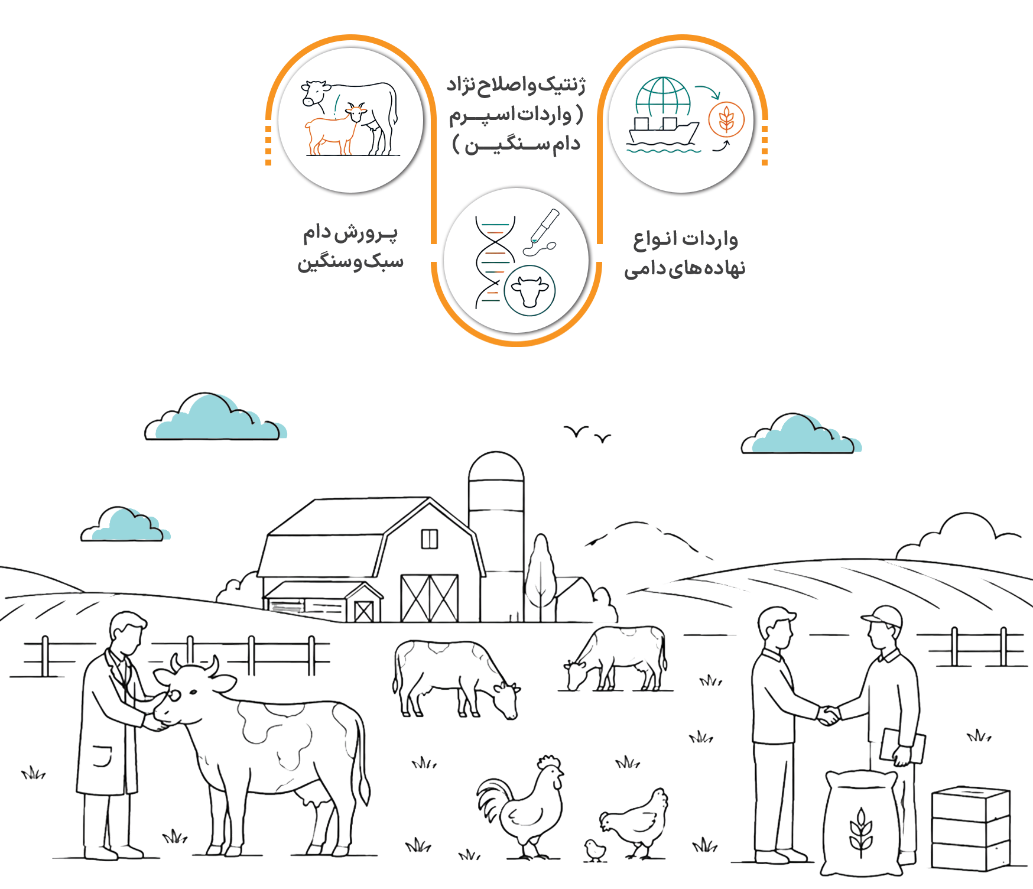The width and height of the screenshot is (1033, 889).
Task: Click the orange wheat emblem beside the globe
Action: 726,120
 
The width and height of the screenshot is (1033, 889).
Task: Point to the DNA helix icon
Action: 495,262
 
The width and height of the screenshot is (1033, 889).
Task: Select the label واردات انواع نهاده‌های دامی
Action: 685,254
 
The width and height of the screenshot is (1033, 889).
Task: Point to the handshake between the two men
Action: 829,715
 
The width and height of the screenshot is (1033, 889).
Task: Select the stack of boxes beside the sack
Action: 971,829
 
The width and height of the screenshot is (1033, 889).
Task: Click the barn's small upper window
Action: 430,539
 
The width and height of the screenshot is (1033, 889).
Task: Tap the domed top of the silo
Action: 496,466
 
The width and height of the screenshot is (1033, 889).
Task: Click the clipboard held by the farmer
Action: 902,747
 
